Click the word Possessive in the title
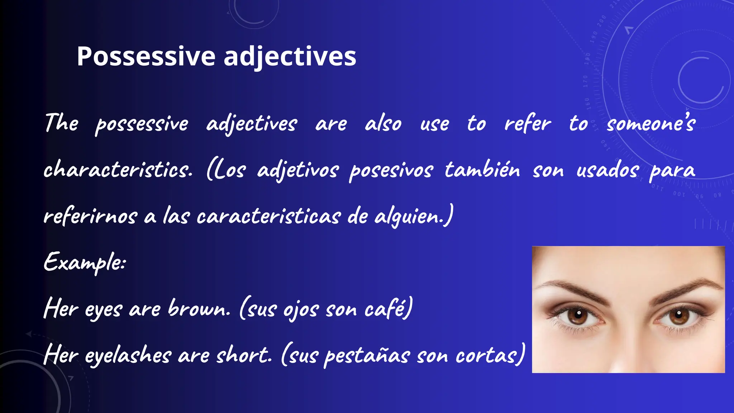[x=146, y=56]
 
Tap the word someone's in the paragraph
[x=651, y=123]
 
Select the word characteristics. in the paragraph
[x=118, y=169]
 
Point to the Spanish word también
[x=482, y=169]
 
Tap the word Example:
[x=85, y=262]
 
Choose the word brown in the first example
[x=199, y=308]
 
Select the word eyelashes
[x=128, y=355]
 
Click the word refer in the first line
[x=527, y=123]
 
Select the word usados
[x=607, y=169]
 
